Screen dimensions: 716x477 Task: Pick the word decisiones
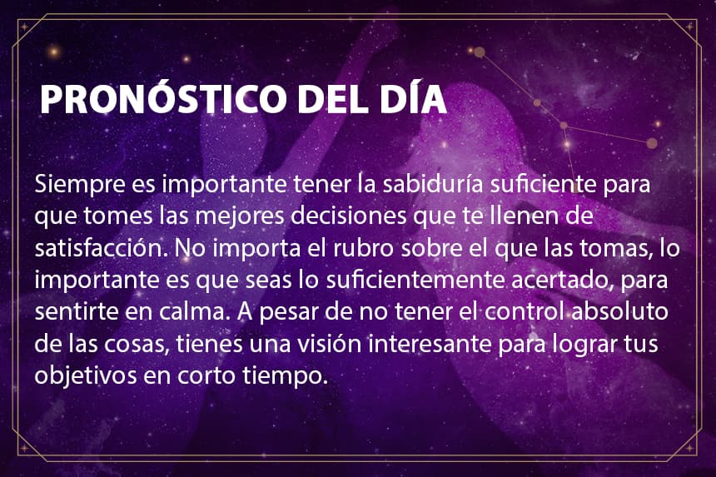[x=348, y=216]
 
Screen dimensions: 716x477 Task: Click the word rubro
[x=363, y=247]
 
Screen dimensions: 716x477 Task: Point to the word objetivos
[x=86, y=375]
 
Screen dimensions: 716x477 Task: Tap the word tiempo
[x=285, y=376]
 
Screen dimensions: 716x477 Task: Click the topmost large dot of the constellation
[x=479, y=52]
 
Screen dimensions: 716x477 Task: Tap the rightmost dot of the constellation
[x=652, y=143]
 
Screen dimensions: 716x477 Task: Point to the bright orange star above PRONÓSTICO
[x=54, y=52]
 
